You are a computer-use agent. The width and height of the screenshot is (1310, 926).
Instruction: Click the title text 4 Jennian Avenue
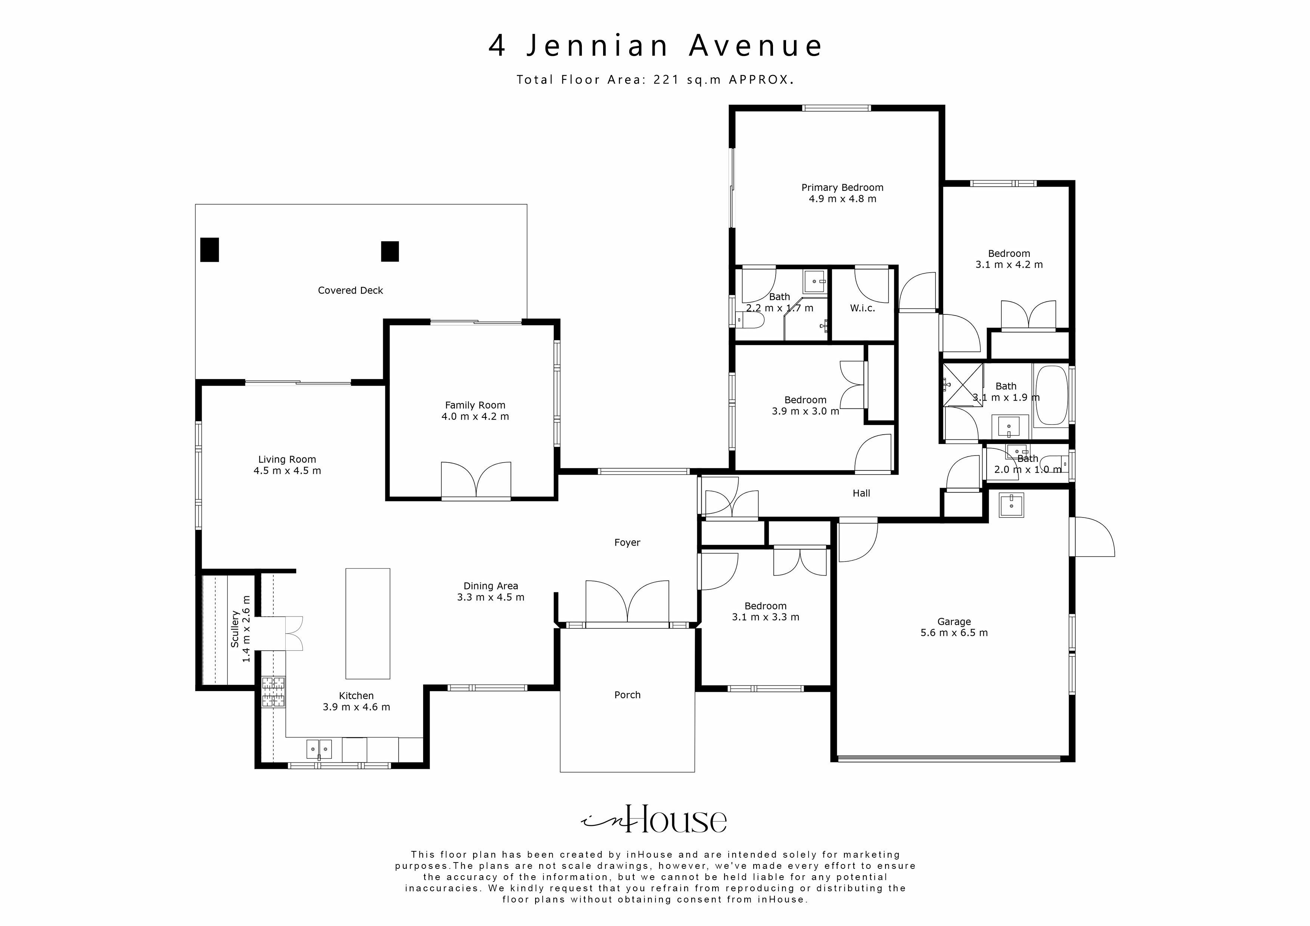pos(655,46)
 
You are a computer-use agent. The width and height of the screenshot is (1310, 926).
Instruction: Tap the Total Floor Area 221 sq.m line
pos(655,80)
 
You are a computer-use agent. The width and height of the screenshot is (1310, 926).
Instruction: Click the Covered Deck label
pos(350,290)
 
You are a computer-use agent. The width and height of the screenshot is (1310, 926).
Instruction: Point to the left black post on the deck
pos(209,250)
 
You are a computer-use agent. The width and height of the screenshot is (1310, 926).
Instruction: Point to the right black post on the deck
pos(390,251)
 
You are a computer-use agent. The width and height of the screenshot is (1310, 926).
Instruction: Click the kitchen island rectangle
pos(368,623)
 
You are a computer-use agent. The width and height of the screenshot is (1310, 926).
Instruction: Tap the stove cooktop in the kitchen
pos(273,692)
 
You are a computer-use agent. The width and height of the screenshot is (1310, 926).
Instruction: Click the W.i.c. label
pos(862,308)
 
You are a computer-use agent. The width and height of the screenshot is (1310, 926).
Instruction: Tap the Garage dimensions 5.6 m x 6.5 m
pos(954,633)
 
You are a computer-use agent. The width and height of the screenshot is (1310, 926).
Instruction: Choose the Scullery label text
pos(235,629)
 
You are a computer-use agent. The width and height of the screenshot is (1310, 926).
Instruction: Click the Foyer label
pos(627,543)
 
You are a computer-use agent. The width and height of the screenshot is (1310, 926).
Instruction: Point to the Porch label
pos(627,695)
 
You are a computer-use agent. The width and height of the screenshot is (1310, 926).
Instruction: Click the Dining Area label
pos(491,586)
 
